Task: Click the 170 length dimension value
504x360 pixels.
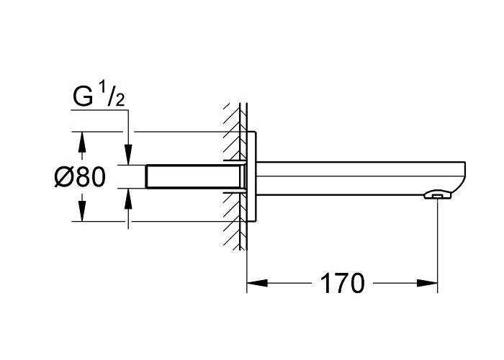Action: tap(343, 283)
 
